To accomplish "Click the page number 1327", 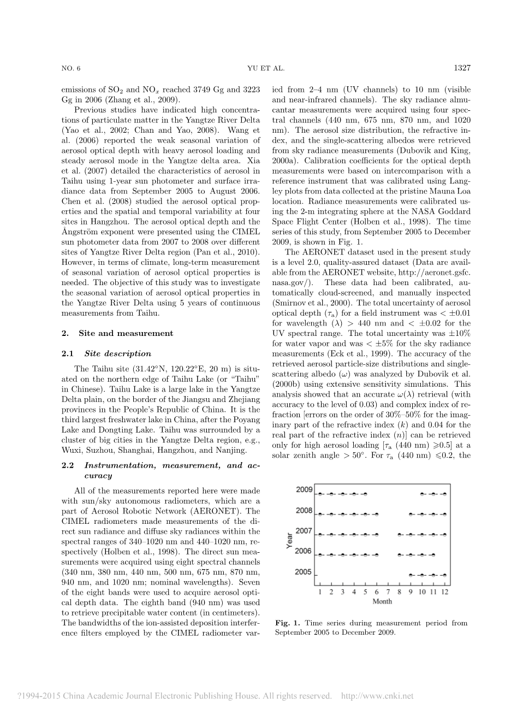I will pos(462,68).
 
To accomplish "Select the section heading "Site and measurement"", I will pos(126,333).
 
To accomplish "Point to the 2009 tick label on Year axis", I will pos(304,489).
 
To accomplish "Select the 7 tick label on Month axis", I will pos(388,592).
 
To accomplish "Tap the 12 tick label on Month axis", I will pos(445,592).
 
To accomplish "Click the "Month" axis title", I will pos(382,601).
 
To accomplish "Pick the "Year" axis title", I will pos(290,540).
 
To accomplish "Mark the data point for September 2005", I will pos(411,575).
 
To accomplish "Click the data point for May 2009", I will pos(365,494).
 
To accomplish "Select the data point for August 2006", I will pos(400,555).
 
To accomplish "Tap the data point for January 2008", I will pos(320,514).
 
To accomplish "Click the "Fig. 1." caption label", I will pos(286,623).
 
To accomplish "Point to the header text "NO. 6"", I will pos(71,68).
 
